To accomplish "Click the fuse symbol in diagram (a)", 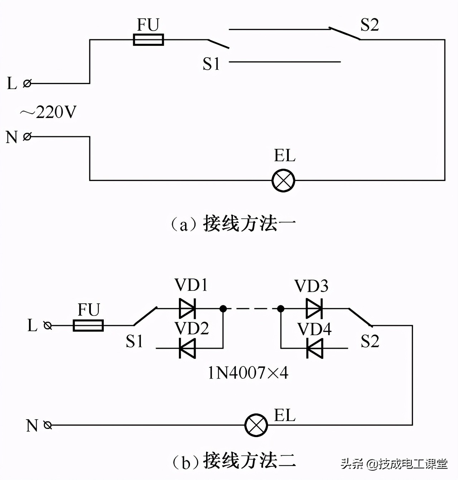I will click(x=148, y=40).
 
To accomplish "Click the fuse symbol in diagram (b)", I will click(x=88, y=325).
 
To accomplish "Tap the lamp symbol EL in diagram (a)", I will click(x=283, y=181).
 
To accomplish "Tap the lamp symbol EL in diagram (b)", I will click(x=256, y=425).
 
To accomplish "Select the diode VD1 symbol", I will click(x=187, y=308).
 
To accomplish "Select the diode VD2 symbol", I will click(x=187, y=348).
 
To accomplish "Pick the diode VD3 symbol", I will click(x=315, y=308).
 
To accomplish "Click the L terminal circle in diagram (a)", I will click(x=27, y=83).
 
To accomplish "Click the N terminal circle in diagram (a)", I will click(x=27, y=136).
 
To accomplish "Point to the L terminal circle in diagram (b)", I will click(x=48, y=325).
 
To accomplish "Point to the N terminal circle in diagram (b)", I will click(x=48, y=425).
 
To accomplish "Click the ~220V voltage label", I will click(x=48, y=112).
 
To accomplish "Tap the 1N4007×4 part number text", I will click(x=248, y=373).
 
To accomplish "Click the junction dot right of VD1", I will click(x=223, y=308).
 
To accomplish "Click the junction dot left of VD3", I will click(x=281, y=308).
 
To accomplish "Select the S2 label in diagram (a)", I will click(x=369, y=25).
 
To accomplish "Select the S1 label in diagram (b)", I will click(x=135, y=341).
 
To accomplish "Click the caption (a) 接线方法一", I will click(x=233, y=224).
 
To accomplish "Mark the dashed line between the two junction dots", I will click(x=252, y=308).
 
